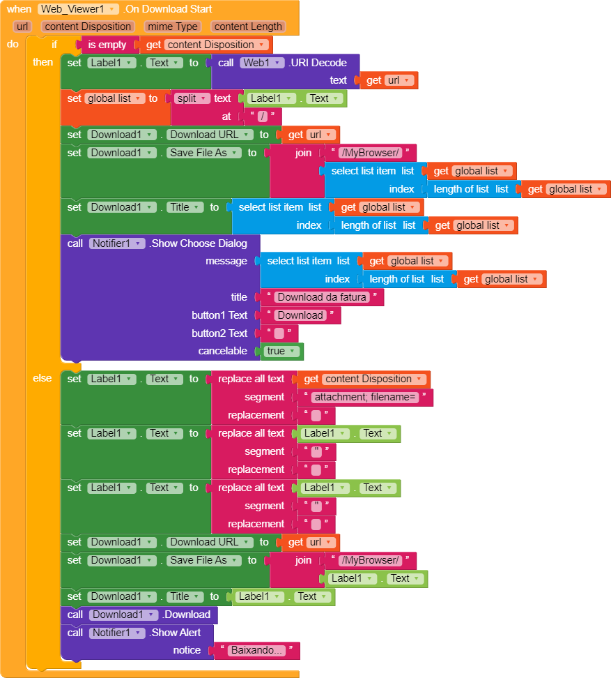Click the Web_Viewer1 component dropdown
click(x=78, y=9)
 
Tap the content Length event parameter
click(x=248, y=27)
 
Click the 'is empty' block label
click(x=107, y=45)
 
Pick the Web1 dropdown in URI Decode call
click(x=263, y=63)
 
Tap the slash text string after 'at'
click(x=263, y=116)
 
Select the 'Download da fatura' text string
click(x=322, y=297)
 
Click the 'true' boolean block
click(x=282, y=351)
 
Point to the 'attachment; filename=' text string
click(x=365, y=397)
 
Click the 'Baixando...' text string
click(x=257, y=650)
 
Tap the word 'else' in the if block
click(x=42, y=378)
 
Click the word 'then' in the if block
click(x=42, y=62)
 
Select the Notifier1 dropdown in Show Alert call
click(x=117, y=633)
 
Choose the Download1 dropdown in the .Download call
click(x=124, y=615)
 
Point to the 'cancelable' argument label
click(x=222, y=351)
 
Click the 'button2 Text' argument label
click(x=219, y=333)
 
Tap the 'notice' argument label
click(x=187, y=650)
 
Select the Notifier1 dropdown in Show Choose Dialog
click(x=117, y=243)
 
